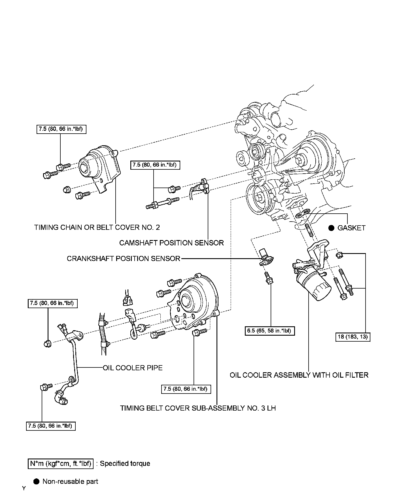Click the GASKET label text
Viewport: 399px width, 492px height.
click(351, 228)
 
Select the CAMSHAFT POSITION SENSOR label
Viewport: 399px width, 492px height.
click(171, 243)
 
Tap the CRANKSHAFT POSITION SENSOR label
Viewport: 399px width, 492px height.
click(124, 258)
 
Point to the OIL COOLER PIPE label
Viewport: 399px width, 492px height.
click(133, 368)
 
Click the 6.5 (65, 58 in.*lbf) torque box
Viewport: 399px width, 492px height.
click(270, 331)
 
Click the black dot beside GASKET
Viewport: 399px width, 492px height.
click(331, 228)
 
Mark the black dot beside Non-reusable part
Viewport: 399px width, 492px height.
click(36, 481)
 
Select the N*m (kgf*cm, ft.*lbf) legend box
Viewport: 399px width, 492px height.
click(61, 463)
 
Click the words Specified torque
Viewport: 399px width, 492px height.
click(125, 463)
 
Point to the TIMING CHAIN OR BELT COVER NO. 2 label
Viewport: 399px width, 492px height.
click(97, 227)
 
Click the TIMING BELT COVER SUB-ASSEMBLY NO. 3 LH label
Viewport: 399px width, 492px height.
click(198, 408)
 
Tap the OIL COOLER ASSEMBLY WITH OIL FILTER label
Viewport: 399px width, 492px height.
click(299, 375)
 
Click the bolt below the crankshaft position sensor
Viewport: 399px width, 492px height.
click(268, 278)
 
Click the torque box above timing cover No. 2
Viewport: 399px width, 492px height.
click(61, 129)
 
